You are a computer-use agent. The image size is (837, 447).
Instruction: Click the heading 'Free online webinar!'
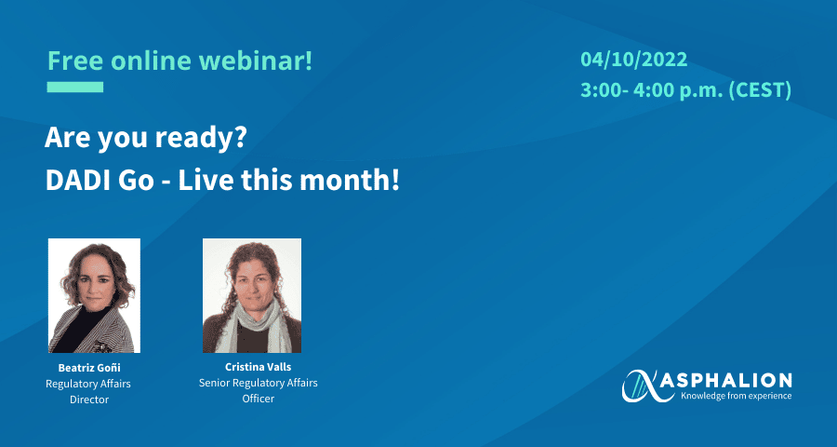(179, 61)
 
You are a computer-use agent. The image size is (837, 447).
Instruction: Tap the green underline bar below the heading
(75, 88)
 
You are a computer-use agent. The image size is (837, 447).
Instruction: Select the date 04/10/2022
(634, 60)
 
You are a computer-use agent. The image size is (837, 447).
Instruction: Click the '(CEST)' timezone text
(760, 90)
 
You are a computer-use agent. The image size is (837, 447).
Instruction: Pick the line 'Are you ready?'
(145, 139)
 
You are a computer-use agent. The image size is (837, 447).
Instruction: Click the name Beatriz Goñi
(89, 368)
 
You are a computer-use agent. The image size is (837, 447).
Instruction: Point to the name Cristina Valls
(258, 367)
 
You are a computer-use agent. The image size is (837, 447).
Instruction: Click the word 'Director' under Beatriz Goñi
(89, 400)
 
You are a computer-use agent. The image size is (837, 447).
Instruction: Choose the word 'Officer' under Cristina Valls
(259, 399)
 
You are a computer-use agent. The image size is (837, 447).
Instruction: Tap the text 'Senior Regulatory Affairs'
(259, 383)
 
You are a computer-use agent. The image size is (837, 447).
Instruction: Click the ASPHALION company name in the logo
(735, 381)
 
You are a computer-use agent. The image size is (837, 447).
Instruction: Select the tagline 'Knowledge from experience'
(736, 396)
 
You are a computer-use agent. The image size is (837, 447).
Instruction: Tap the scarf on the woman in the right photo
(252, 325)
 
